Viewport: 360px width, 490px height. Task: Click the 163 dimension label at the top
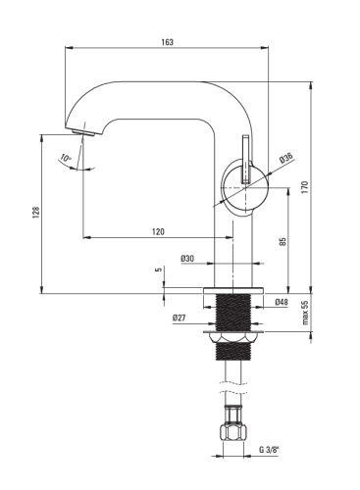[167, 42]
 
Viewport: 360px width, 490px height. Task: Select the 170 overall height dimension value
[305, 187]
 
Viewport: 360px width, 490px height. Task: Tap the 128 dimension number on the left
[36, 213]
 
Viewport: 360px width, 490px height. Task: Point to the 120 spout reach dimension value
[158, 231]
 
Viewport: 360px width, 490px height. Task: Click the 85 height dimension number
[283, 241]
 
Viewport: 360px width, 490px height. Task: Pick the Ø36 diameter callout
[285, 158]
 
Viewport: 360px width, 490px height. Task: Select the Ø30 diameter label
[187, 259]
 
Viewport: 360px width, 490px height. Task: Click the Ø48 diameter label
[282, 302]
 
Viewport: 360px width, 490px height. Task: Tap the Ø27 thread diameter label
[179, 318]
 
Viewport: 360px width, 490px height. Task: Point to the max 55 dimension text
[305, 313]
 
